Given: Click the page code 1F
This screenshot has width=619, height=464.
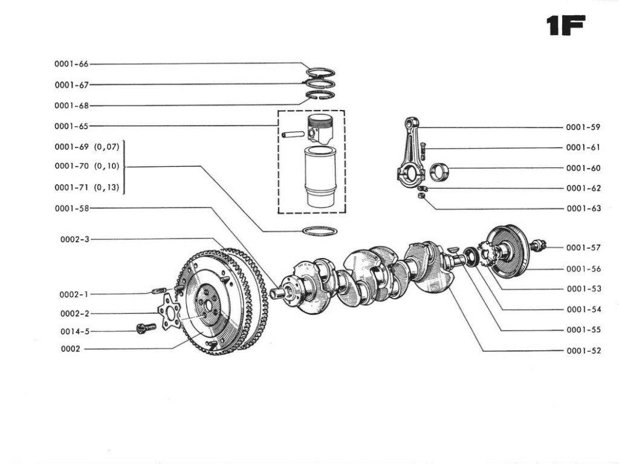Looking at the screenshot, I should pos(565,26).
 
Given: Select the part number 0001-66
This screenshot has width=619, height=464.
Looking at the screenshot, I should pos(71,64).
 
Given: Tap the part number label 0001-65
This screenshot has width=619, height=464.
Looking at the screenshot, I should pos(71,126).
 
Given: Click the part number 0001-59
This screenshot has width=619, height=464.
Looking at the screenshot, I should pos(583,127).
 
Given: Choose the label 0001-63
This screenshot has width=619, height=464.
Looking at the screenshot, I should pos(583,209).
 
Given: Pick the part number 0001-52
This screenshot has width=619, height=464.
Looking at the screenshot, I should pos(583,351).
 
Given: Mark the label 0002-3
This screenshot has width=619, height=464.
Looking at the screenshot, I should pos(74,239).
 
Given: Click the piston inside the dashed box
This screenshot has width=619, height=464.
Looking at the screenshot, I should pos(320,129).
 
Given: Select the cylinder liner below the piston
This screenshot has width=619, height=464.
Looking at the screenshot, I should pos(320,177).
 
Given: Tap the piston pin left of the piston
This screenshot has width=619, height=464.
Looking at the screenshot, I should pos(291,134).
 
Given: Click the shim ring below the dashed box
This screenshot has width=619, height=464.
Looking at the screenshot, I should pos(319,231).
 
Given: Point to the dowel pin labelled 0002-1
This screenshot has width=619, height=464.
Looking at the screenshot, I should pos(158,292).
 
